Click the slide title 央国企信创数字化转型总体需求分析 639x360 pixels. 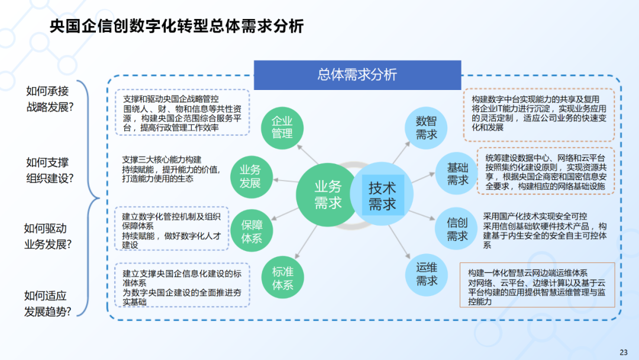point(177,27)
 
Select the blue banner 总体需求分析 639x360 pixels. point(357,75)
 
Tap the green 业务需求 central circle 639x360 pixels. point(328,195)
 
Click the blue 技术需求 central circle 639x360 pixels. point(382,196)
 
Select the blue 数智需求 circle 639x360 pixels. point(427,128)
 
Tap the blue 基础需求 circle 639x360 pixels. point(457,174)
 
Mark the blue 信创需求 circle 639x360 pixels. point(457,230)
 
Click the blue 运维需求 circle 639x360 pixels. point(427,273)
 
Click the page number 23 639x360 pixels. point(623,352)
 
